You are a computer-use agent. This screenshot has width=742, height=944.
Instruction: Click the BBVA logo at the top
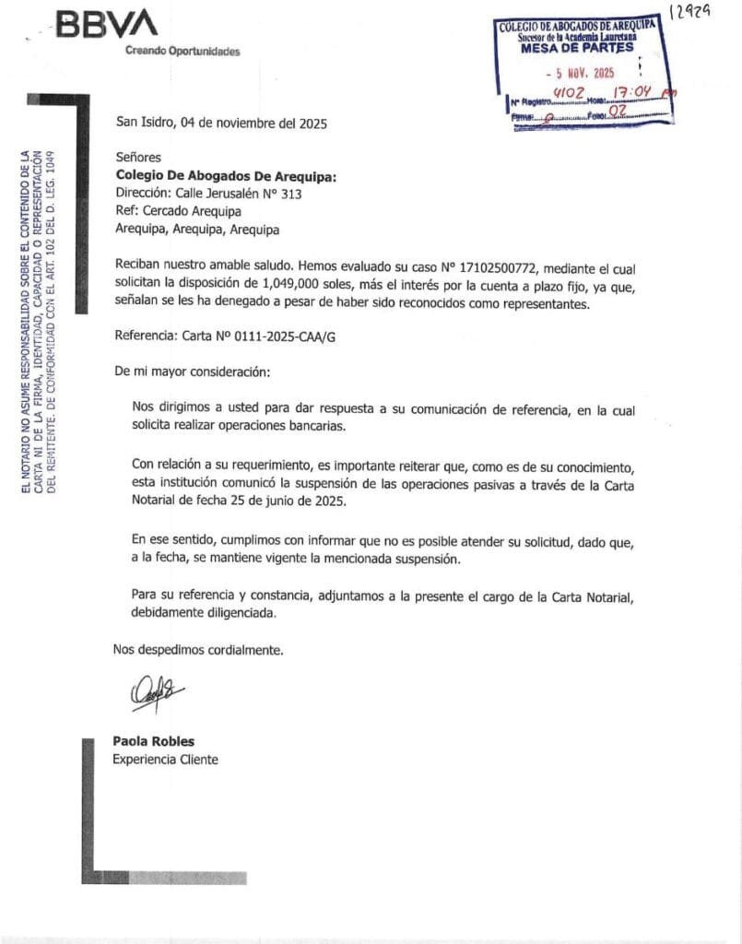point(106,24)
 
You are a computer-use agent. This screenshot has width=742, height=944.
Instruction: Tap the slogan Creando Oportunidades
point(182,52)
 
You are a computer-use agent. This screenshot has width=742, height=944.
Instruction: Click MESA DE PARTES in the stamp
point(577,49)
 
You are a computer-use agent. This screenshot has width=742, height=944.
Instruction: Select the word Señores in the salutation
point(138,159)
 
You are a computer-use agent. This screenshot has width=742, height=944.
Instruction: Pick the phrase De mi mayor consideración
point(193,372)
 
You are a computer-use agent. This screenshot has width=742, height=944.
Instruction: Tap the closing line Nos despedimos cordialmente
point(198,650)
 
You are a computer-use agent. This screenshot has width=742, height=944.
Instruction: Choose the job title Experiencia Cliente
point(165,760)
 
